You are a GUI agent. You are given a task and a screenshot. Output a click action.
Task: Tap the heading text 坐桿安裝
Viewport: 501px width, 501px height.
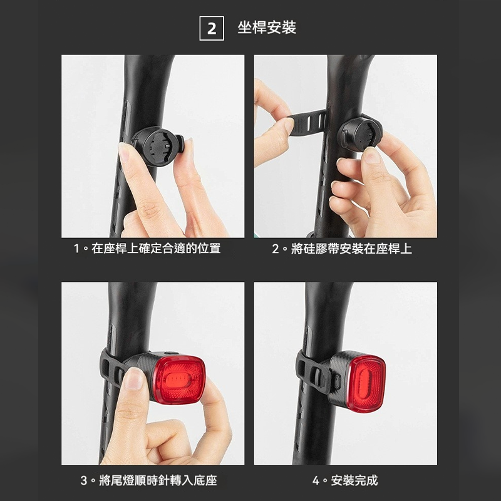point(267,28)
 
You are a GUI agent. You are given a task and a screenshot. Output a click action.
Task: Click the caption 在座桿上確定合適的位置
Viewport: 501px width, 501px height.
point(156,249)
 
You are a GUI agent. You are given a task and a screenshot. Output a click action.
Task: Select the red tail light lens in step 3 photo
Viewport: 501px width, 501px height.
point(179,380)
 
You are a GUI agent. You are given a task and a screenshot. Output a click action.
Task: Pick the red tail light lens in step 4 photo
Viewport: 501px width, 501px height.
point(366,382)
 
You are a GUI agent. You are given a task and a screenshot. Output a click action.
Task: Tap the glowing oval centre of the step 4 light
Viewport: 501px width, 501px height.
point(366,382)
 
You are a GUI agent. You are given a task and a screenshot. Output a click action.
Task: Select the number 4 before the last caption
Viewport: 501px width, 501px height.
point(316,481)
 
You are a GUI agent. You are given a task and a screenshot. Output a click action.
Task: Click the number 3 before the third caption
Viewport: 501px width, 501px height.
point(84,481)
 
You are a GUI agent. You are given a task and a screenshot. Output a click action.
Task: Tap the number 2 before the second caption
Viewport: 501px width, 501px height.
point(276,249)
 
